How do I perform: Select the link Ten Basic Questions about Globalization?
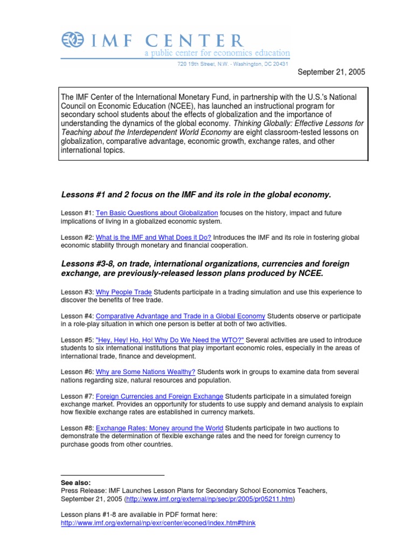[x=157, y=213]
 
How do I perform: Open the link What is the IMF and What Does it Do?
[x=153, y=237]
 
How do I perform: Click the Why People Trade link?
[x=123, y=292]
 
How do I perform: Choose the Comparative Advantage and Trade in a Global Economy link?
[x=180, y=316]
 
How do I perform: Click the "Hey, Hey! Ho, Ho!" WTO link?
[x=170, y=340]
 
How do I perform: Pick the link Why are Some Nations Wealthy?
[x=146, y=372]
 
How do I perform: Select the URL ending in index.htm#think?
[x=158, y=523]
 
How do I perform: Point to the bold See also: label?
[x=75, y=482]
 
